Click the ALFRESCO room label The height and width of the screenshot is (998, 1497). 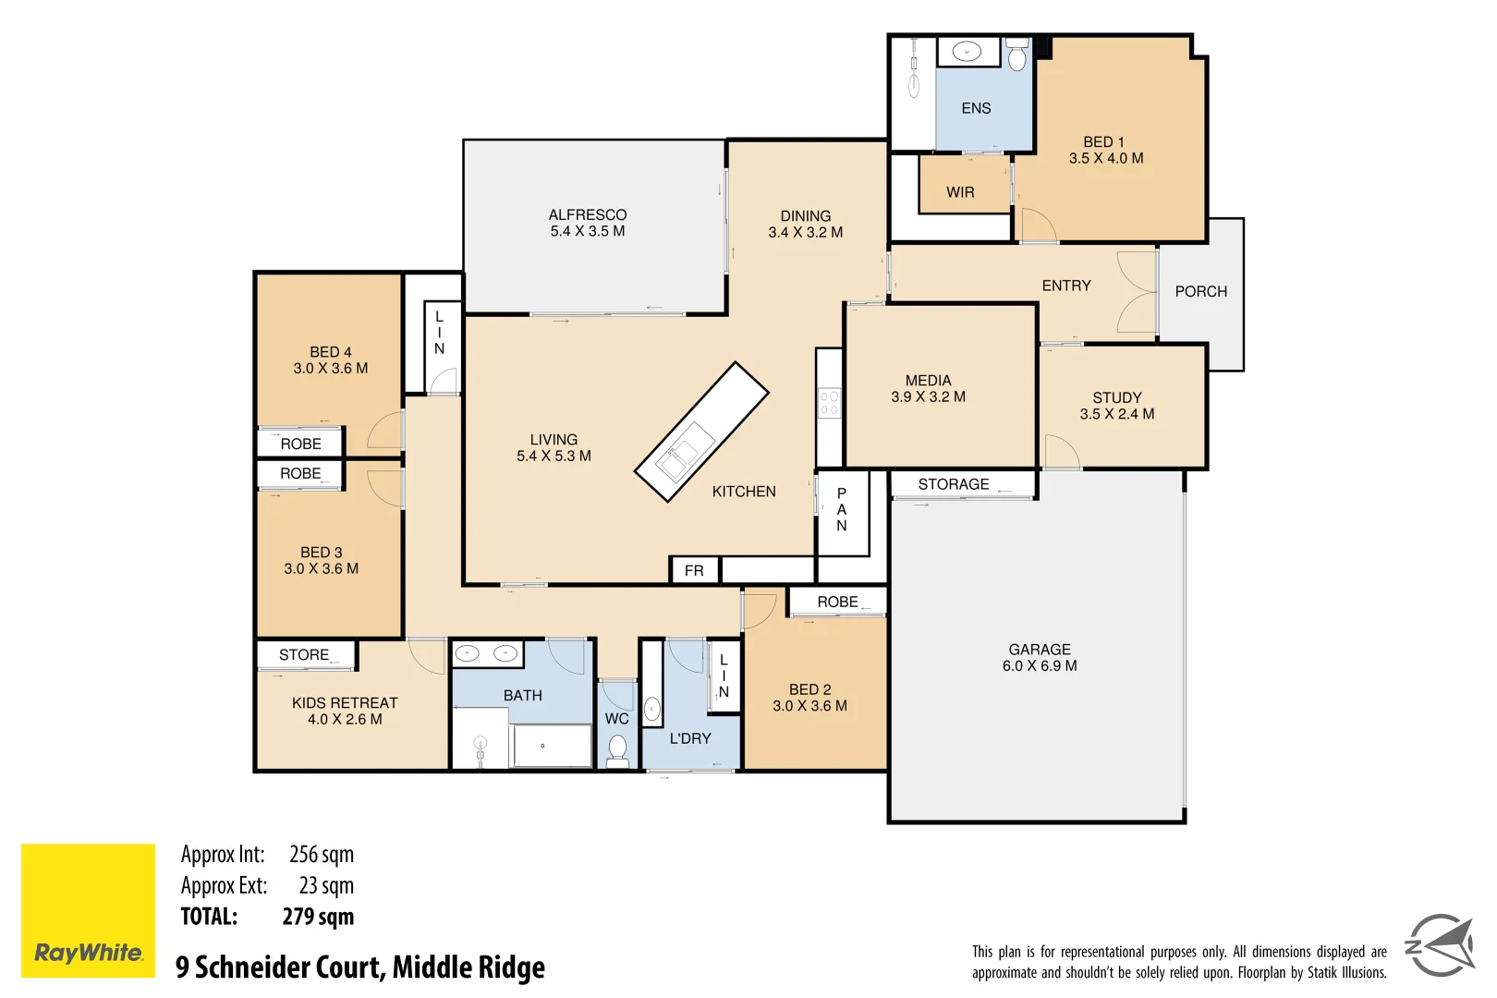(587, 214)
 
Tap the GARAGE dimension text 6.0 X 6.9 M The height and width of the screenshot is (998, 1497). (1040, 666)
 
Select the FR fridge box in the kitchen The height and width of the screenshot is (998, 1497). (694, 571)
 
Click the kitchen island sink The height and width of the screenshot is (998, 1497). (679, 456)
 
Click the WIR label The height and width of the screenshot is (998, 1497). (960, 192)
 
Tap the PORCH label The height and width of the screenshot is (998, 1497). (1200, 291)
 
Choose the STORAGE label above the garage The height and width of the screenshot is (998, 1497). (953, 484)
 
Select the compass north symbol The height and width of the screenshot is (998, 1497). (1440, 944)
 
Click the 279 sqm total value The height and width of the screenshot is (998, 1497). (318, 917)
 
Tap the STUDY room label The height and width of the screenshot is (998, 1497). (1116, 397)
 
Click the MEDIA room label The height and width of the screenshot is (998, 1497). (928, 381)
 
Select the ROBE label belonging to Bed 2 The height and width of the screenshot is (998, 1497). (837, 602)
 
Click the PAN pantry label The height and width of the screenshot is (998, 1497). (841, 509)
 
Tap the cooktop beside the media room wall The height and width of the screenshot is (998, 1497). (829, 403)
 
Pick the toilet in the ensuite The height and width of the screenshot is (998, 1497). (1016, 57)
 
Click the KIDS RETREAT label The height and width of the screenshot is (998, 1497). (345, 703)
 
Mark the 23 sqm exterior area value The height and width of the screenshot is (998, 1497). (326, 885)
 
